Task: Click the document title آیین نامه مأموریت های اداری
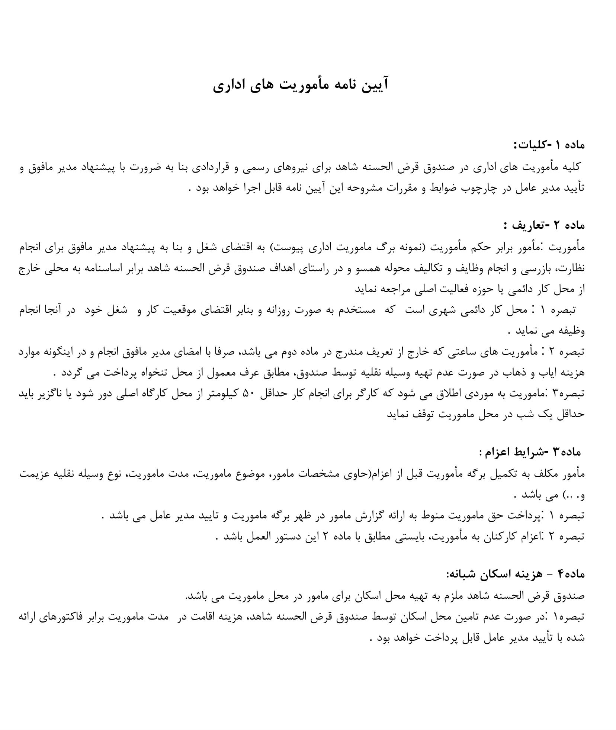(x=301, y=85)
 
